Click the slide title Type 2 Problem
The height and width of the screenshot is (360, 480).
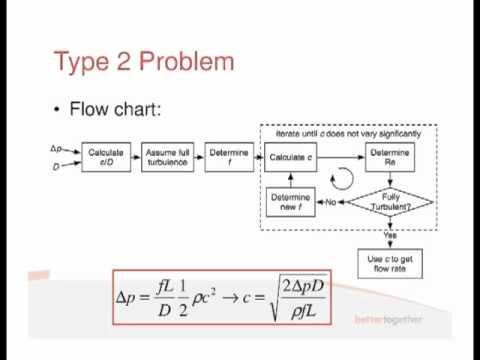pos(144,61)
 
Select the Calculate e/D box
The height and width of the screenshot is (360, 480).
pos(106,157)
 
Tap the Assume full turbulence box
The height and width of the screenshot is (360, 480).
pos(168,157)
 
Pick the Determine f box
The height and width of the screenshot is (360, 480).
pos(229,157)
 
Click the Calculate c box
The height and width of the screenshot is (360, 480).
pos(293,157)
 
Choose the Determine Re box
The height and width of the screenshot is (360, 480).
pos(391,157)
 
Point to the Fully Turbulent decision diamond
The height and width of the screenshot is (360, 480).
pos(391,203)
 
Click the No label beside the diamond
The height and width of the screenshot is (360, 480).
pos(330,203)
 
